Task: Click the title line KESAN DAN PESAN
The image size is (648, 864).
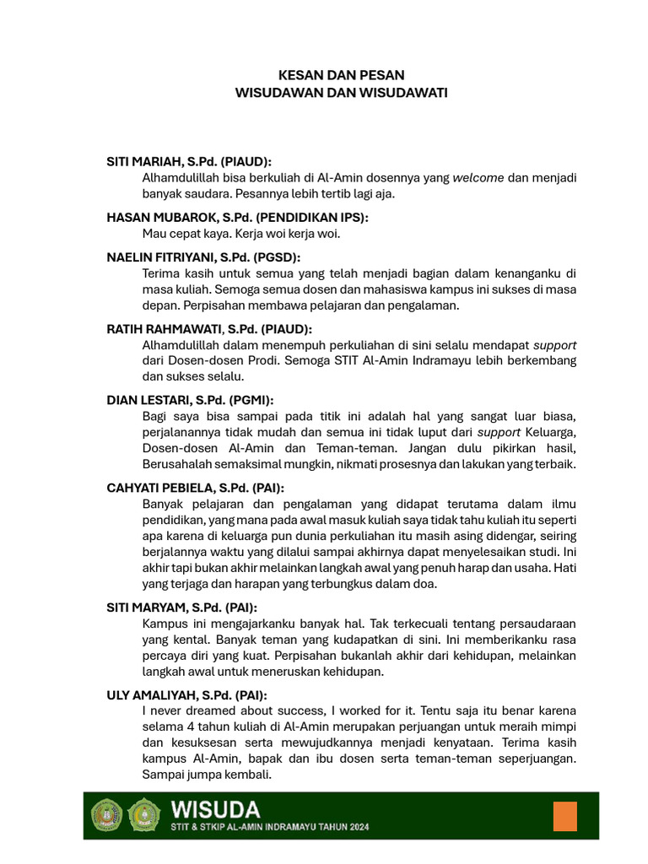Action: coord(341,75)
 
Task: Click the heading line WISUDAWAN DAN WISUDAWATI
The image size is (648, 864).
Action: coord(341,92)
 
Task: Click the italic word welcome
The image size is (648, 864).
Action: coord(478,178)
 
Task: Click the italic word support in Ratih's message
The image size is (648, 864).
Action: coord(555,345)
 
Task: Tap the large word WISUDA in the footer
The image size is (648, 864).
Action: coord(215,810)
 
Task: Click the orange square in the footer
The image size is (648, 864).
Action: coord(564,816)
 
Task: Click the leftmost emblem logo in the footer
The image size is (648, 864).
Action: coord(107,816)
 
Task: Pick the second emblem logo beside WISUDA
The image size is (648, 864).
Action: coord(144,816)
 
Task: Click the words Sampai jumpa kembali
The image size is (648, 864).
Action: coord(207,775)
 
